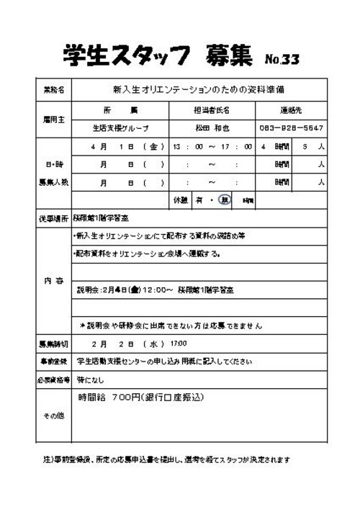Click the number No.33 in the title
(x=282, y=58)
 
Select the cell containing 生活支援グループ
(x=120, y=128)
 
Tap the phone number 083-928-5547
(x=291, y=128)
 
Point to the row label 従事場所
(x=53, y=217)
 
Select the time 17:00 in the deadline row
(x=178, y=343)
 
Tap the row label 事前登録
(x=53, y=360)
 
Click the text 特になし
(x=91, y=377)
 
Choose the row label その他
(x=53, y=416)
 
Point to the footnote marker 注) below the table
(x=42, y=459)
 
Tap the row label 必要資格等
(x=53, y=377)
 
